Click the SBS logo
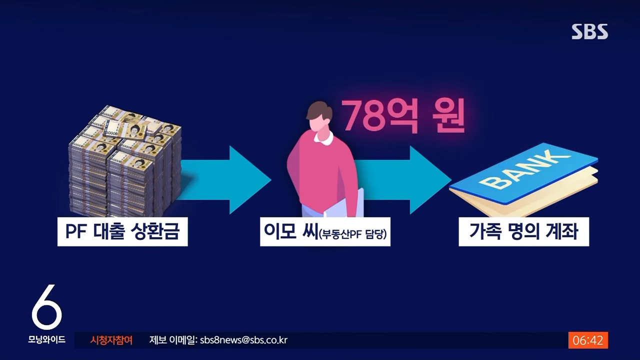pyautogui.click(x=589, y=31)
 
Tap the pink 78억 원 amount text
pyautogui.click(x=403, y=115)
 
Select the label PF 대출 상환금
pyautogui.click(x=122, y=231)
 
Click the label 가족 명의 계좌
pyautogui.click(x=523, y=231)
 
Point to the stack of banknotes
pyautogui.click(x=125, y=161)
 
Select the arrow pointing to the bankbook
pyautogui.click(x=403, y=180)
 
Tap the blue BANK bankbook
pyautogui.click(x=523, y=180)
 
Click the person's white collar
pyautogui.click(x=323, y=137)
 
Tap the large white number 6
pyautogui.click(x=47, y=306)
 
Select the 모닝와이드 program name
pyautogui.click(x=47, y=339)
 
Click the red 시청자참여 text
pyautogui.click(x=111, y=340)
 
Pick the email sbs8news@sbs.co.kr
pyautogui.click(x=243, y=340)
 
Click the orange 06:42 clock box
pyautogui.click(x=588, y=340)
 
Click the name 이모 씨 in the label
pyautogui.click(x=290, y=231)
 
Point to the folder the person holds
pyautogui.click(x=344, y=203)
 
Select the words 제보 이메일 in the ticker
pyautogui.click(x=172, y=340)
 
